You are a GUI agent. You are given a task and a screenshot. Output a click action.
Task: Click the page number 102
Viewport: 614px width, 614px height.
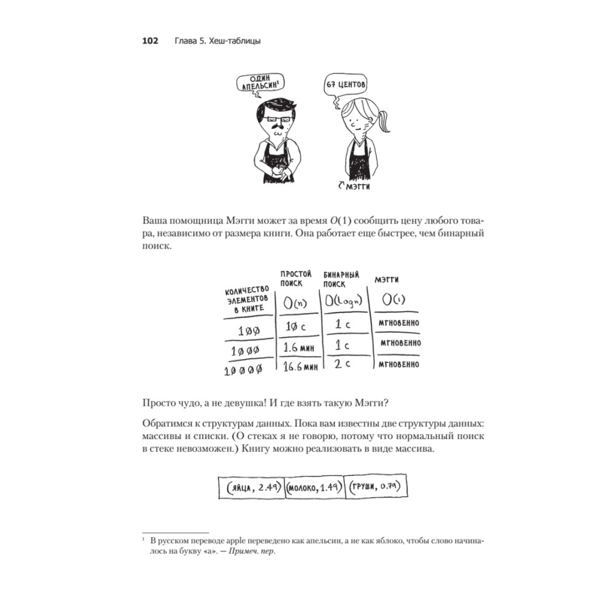150,41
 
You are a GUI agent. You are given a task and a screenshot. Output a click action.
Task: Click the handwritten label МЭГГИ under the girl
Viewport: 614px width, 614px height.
359,184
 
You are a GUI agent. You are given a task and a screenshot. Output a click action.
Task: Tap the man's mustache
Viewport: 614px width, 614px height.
276,131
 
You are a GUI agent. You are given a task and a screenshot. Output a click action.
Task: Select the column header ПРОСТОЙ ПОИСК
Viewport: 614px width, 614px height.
296,279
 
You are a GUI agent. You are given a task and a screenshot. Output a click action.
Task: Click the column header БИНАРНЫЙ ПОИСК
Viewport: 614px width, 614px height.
341,279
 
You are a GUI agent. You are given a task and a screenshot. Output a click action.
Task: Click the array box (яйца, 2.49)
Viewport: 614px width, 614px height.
252,489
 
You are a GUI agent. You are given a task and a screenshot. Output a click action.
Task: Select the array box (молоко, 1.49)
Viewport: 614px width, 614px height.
315,489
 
